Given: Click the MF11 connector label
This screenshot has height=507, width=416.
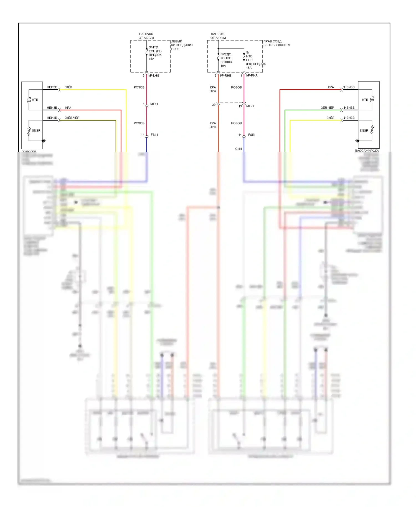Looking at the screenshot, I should point(154,104).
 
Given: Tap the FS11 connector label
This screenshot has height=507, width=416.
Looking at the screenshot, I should point(154,135).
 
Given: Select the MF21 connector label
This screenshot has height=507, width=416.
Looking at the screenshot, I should point(250,106).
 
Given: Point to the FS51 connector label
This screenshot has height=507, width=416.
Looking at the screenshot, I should point(252,135).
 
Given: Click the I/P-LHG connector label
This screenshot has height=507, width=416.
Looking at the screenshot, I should point(154,76).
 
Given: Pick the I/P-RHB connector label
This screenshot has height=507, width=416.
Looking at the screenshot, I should point(225,76).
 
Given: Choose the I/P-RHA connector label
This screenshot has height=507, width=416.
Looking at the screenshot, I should point(252,75).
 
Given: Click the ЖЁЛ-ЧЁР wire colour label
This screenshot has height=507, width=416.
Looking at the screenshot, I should point(72,118).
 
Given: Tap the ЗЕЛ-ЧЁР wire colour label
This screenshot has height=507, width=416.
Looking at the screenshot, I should point(327,108).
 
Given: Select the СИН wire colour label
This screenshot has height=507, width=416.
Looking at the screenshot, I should point(239,149).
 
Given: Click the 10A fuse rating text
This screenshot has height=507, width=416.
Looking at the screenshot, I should point(223,66).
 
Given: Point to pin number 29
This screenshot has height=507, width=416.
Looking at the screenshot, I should point(214,105).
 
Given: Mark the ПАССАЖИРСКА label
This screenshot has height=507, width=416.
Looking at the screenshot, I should point(367,151).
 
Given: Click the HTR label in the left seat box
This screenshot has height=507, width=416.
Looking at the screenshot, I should point(35,100).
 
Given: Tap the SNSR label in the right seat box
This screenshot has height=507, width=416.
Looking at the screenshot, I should point(364,131).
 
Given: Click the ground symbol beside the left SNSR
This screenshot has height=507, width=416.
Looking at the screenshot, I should point(44,141).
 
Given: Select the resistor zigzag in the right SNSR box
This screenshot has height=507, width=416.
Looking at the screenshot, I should point(372,130).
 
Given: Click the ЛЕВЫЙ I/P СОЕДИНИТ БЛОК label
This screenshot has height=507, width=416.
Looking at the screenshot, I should point(182,45).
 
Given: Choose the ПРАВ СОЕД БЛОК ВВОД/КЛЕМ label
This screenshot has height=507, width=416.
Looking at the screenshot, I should point(277,43).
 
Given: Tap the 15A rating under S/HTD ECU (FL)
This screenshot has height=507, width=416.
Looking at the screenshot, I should point(151,59).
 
